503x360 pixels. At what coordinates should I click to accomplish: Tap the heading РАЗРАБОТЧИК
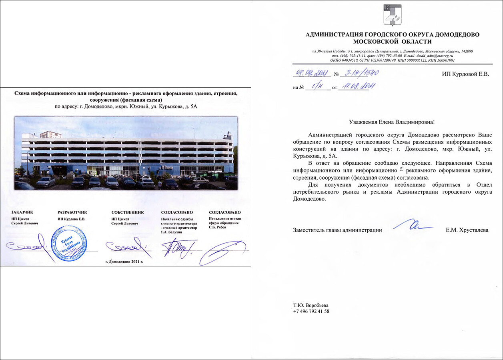[x=72, y=212]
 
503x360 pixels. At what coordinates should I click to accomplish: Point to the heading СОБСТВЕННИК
[x=128, y=212]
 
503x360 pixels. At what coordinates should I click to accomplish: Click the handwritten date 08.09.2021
[x=311, y=73]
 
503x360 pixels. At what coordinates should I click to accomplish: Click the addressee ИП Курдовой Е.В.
[x=465, y=74]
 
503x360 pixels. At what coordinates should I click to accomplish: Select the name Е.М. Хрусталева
[x=467, y=230]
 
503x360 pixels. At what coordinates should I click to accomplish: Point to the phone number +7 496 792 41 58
[x=311, y=311]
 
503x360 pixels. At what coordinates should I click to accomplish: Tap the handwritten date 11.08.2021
[x=353, y=87]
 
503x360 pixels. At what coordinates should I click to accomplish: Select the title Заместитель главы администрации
[x=337, y=230]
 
